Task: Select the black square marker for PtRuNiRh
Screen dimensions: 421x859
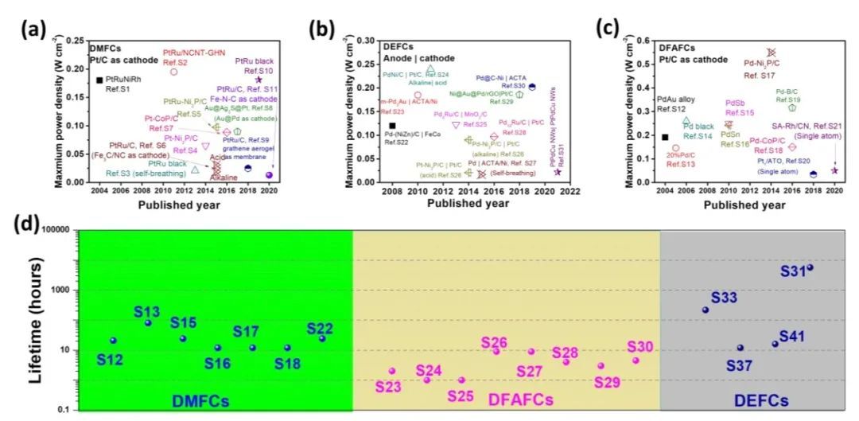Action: point(99,80)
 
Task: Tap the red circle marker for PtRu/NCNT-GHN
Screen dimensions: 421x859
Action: point(173,72)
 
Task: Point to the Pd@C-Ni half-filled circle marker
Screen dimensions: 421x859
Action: point(532,87)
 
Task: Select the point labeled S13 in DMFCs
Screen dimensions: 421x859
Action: point(148,322)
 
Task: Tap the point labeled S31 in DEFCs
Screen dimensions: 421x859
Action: point(810,267)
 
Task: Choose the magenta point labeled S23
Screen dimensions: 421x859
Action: point(392,371)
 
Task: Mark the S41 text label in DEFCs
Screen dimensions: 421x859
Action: point(791,337)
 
